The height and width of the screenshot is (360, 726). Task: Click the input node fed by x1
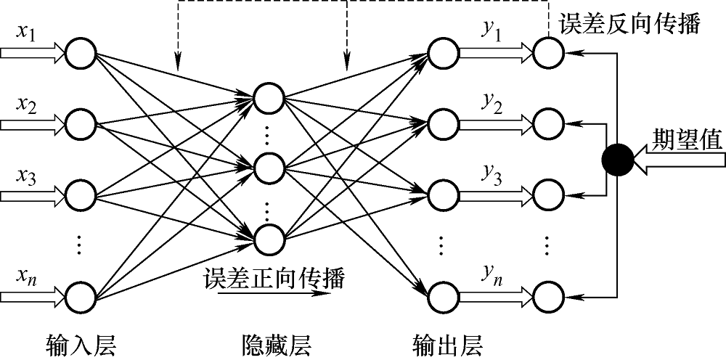pos(81,52)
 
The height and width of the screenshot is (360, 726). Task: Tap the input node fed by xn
pos(81,295)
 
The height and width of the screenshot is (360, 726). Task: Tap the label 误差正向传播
pos(274,277)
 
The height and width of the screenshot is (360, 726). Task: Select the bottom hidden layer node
pos(269,237)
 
